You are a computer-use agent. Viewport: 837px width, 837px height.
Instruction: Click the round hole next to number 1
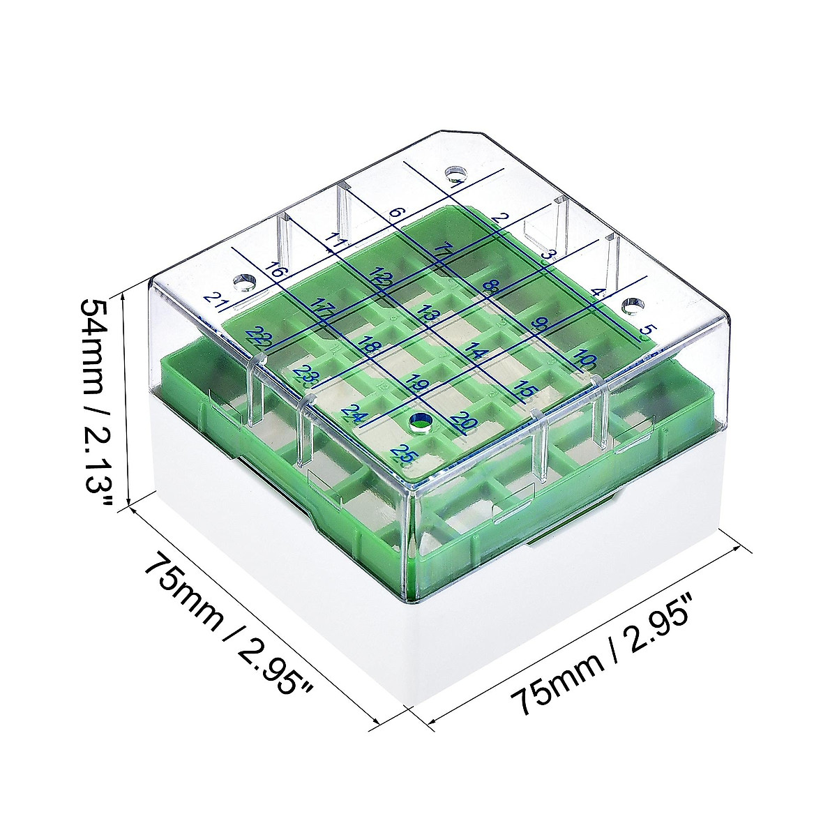[x=455, y=171]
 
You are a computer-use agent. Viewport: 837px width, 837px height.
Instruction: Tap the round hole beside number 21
[x=244, y=282]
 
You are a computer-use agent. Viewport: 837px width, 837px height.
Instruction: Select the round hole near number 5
[x=631, y=306]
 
